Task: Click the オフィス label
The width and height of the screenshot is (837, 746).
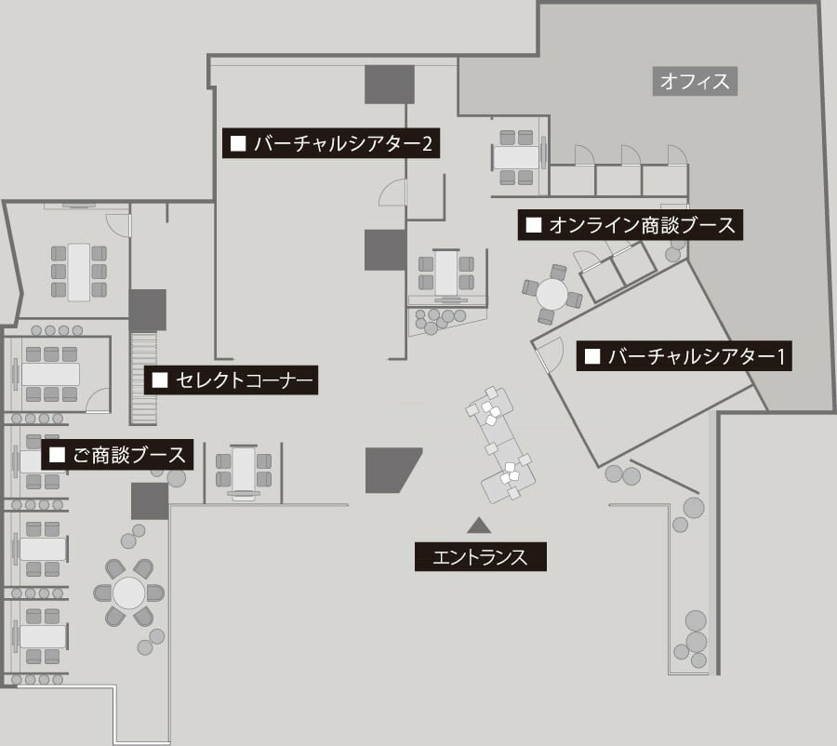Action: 694,82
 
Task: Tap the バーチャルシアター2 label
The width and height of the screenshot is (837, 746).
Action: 331,144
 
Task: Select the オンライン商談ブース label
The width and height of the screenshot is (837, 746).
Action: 631,225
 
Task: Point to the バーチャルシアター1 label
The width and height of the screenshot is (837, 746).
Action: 684,356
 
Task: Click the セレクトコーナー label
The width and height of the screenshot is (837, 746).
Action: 232,380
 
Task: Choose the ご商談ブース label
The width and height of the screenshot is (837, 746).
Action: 118,455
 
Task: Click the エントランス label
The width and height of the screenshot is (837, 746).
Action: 480,557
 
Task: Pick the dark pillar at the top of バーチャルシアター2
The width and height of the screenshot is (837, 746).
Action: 389,85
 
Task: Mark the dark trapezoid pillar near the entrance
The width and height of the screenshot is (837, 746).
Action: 392,470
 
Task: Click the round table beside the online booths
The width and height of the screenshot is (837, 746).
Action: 552,294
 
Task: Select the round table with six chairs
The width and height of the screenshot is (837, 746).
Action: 128,593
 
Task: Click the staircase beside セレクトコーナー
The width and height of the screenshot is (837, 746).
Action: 143,377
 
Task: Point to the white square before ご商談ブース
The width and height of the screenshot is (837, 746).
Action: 58,455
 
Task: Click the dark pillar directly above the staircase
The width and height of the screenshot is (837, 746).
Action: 147,310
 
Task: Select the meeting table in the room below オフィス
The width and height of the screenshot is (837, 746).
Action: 516,155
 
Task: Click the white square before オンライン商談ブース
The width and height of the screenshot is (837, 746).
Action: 534,225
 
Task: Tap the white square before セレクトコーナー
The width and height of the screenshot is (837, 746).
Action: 159,380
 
